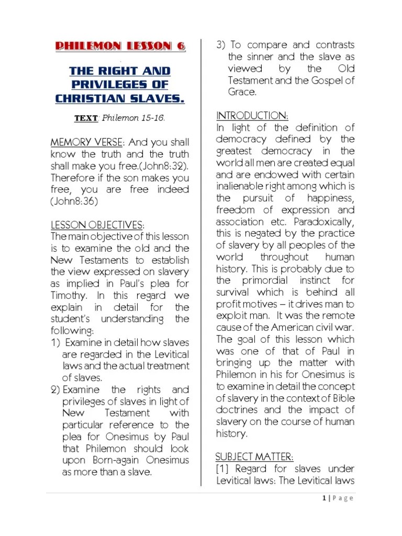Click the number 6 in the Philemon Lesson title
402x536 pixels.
(x=181, y=47)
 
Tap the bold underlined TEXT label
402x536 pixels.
(x=86, y=118)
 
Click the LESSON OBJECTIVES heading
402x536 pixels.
(x=97, y=225)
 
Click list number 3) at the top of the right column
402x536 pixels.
(x=221, y=45)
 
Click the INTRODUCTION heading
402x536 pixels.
(x=252, y=116)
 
